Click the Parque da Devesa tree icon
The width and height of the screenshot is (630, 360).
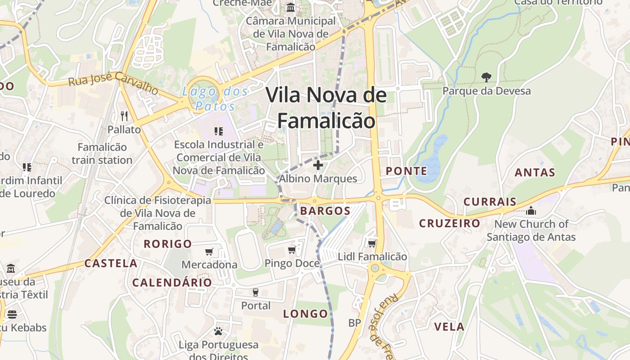point(486,77)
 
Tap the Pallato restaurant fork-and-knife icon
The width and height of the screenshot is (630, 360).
point(124,116)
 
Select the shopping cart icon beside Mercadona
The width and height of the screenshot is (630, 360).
point(209,252)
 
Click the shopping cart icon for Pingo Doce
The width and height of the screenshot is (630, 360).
point(292,250)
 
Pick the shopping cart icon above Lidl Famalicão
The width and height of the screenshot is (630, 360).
point(372,243)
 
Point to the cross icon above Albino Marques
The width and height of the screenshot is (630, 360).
point(318,165)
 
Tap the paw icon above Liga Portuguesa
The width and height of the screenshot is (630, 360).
point(218,332)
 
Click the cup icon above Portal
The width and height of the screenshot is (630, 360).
point(256,292)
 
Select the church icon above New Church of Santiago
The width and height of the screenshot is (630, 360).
point(531,211)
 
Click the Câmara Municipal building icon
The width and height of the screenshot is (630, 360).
point(291,8)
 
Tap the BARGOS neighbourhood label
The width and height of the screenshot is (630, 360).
point(325,211)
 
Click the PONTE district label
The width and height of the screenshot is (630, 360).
point(407,171)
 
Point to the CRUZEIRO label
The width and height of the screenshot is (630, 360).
point(450,223)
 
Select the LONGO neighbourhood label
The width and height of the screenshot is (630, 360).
point(306,314)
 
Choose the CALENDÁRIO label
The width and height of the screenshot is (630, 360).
point(172,283)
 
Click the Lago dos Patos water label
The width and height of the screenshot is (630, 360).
point(215,99)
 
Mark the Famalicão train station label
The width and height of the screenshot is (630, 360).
point(102,153)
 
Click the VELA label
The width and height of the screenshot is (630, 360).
point(449,327)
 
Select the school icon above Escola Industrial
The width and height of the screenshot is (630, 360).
point(219,131)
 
